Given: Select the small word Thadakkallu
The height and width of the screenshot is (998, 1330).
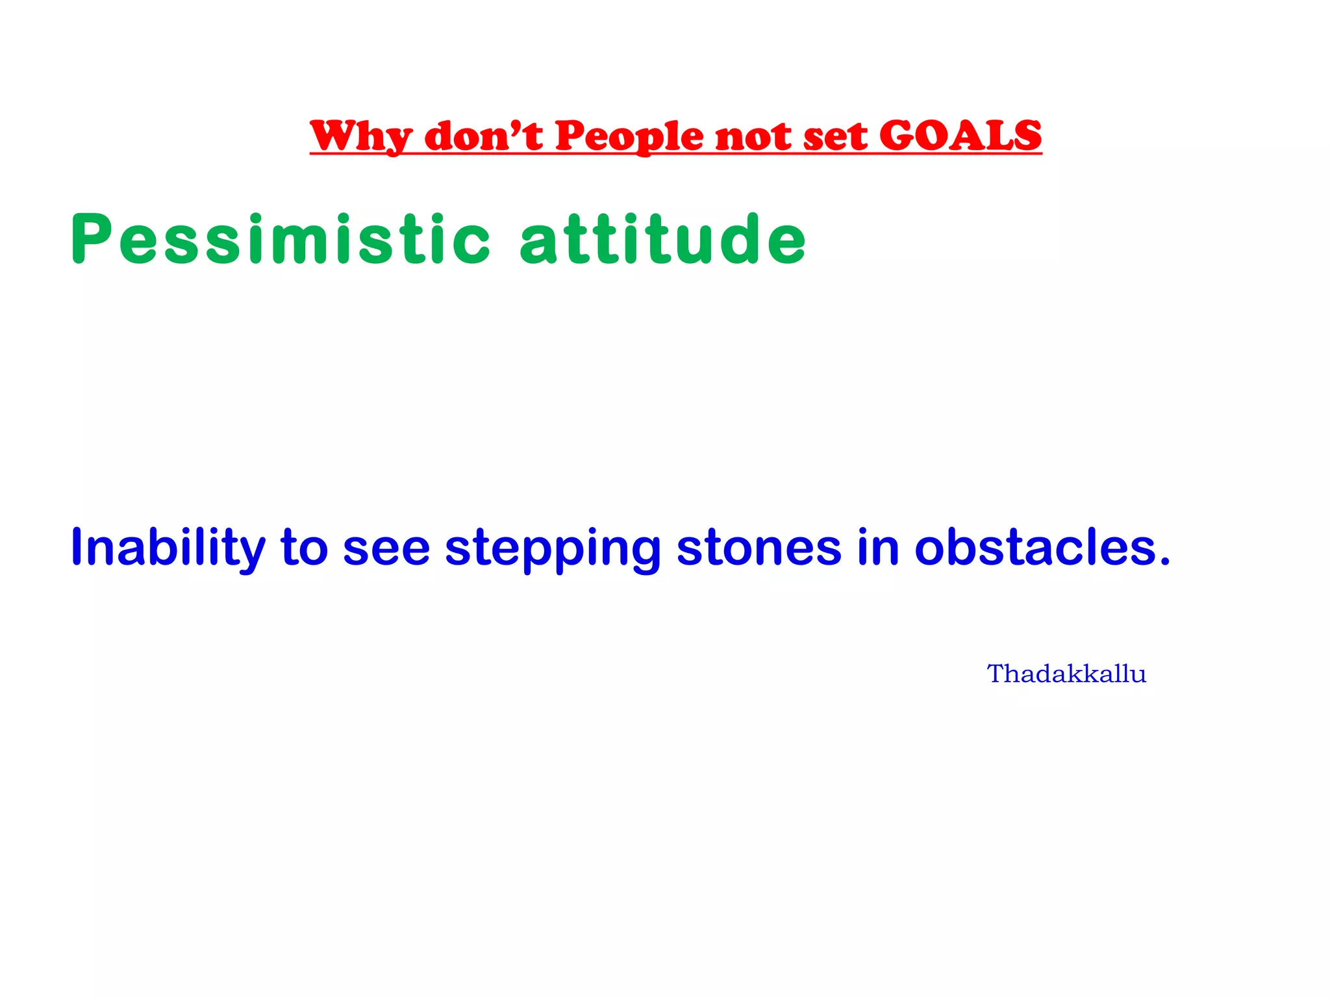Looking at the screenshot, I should pos(1066,674).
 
